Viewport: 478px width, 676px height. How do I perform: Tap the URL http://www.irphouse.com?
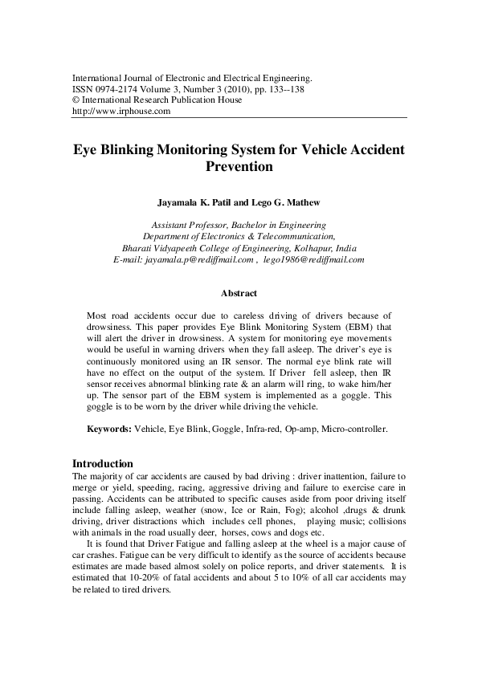tap(121, 112)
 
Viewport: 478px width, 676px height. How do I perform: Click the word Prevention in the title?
tap(239, 168)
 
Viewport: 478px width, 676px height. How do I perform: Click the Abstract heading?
tap(239, 294)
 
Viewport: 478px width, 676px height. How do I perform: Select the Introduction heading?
tap(103, 464)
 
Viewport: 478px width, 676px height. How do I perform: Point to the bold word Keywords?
tap(109, 430)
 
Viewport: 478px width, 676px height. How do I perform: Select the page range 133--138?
tap(288, 90)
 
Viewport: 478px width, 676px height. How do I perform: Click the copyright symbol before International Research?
tap(76, 101)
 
